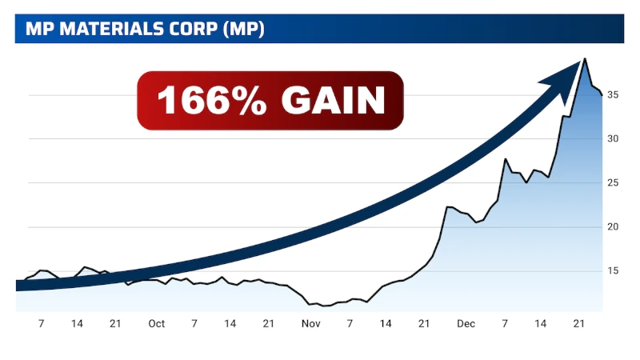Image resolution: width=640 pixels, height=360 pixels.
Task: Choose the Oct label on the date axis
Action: pyautogui.click(x=156, y=324)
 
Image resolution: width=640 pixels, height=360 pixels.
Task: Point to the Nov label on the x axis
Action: pyautogui.click(x=310, y=324)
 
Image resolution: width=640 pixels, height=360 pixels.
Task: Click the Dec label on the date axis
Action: pyautogui.click(x=466, y=324)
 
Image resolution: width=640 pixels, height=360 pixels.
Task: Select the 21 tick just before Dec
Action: pyautogui.click(x=424, y=324)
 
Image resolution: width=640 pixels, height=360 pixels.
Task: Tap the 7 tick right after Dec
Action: pyautogui.click(x=505, y=324)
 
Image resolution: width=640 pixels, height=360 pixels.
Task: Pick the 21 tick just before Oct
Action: pyautogui.click(x=115, y=324)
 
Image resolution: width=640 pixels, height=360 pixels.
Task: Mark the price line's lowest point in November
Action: pyautogui.click(x=324, y=306)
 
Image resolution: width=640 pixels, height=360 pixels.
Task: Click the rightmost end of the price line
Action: pyautogui.click(x=602, y=94)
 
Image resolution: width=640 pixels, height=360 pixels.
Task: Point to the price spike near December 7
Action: pyautogui.click(x=506, y=159)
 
